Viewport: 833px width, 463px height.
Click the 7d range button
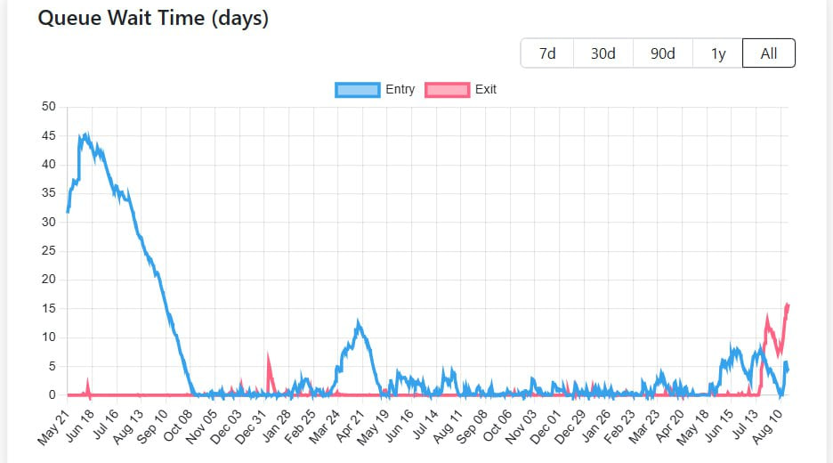pyautogui.click(x=547, y=53)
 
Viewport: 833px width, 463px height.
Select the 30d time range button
pyautogui.click(x=603, y=53)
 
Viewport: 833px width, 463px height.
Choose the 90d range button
pyautogui.click(x=662, y=53)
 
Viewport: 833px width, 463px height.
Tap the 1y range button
pyautogui.click(x=718, y=53)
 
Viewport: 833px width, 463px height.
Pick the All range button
pyautogui.click(x=768, y=53)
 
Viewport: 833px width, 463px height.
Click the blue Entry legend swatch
pyautogui.click(x=357, y=89)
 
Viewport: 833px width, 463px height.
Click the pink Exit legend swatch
pyautogui.click(x=447, y=89)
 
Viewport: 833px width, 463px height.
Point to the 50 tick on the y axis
pyautogui.click(x=49, y=107)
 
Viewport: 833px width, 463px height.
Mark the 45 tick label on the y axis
pyautogui.click(x=49, y=135)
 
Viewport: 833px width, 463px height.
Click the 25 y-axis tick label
pyautogui.click(x=49, y=250)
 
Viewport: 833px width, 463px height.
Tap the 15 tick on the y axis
pyautogui.click(x=49, y=308)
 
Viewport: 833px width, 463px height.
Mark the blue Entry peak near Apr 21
pyautogui.click(x=358, y=322)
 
